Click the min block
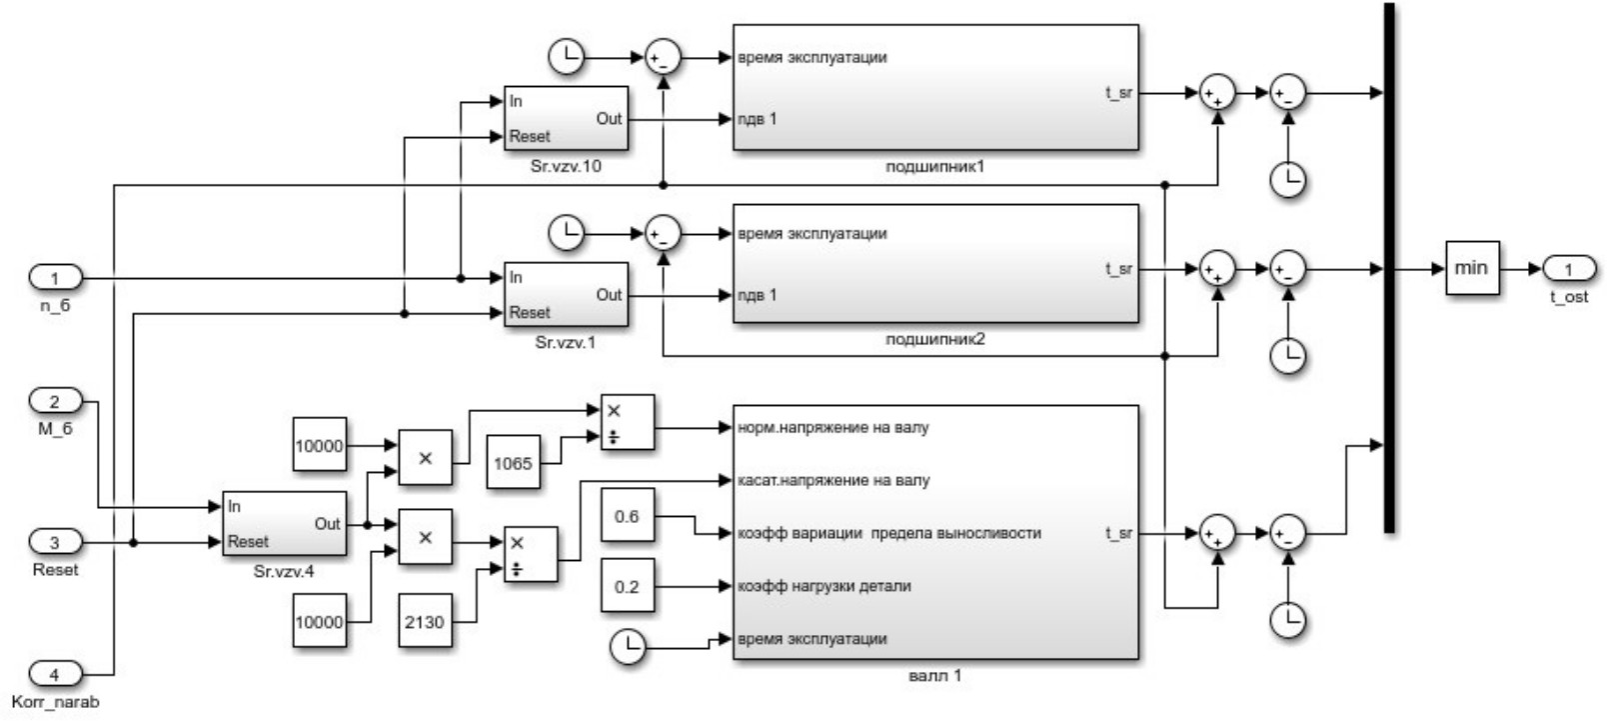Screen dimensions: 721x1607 coord(1471,268)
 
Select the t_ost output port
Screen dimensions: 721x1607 coord(1568,269)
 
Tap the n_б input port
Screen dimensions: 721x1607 coord(55,277)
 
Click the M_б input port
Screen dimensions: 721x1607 coord(55,401)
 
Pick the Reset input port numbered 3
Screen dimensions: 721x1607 coord(55,542)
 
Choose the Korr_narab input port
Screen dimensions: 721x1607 coord(55,674)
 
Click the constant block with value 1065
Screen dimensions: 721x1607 coord(513,463)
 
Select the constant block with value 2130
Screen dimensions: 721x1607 coord(424,621)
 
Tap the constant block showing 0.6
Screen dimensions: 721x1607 coord(627,516)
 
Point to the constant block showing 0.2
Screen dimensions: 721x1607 coord(627,586)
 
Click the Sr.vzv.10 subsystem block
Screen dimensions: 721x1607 coord(566,118)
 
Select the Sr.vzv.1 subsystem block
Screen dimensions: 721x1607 coord(566,294)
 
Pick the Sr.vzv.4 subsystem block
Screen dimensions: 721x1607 coord(284,523)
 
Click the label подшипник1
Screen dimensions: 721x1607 coord(935,166)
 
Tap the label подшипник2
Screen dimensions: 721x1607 coord(935,339)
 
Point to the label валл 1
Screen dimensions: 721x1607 coord(935,675)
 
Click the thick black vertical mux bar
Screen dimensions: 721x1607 coord(1389,268)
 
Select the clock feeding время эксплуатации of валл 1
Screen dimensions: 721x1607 coord(628,648)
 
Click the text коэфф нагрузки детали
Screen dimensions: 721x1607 coord(824,586)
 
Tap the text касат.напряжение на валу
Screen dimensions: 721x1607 coord(833,480)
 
